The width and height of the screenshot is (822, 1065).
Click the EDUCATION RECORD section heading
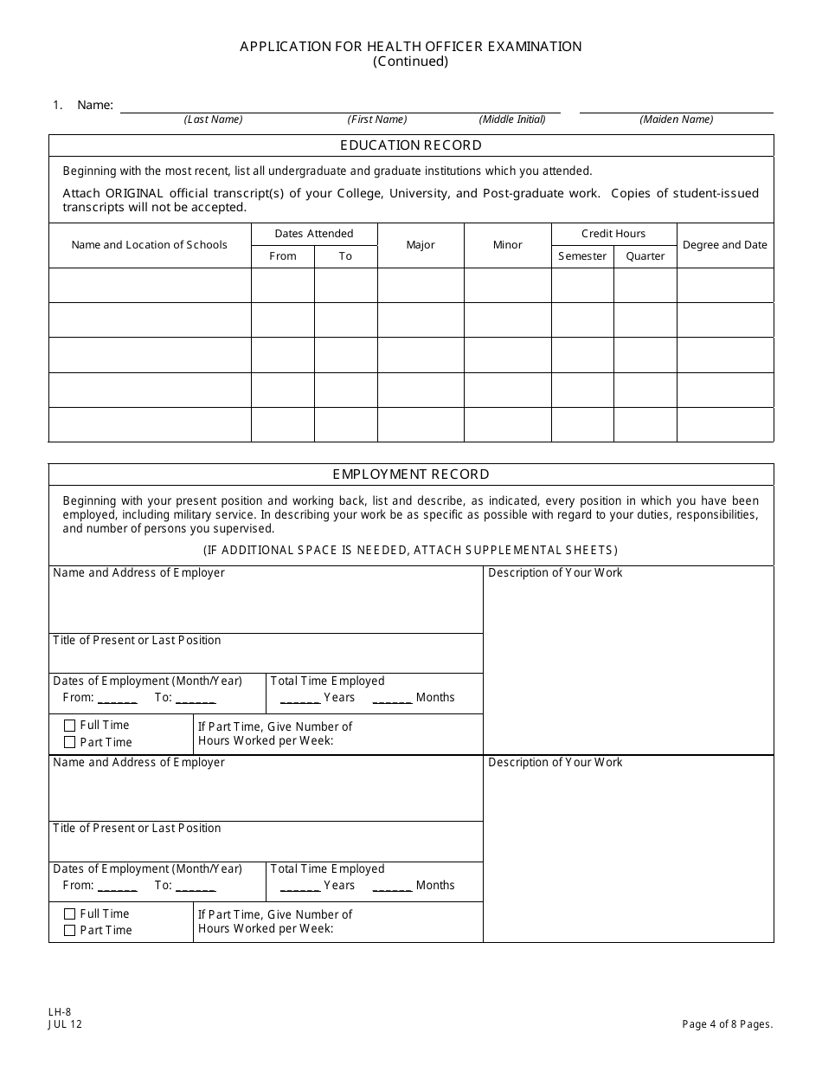[411, 145]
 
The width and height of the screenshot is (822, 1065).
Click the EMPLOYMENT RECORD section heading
[411, 474]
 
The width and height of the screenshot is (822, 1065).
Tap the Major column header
[421, 245]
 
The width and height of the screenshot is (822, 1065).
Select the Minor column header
[508, 245]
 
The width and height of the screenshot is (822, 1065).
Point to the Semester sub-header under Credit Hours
[582, 256]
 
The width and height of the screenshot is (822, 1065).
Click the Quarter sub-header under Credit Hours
[645, 256]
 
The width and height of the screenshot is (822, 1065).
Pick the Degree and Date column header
[725, 245]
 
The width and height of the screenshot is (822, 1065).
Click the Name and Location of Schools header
[150, 245]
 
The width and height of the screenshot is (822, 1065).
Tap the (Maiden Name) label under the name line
[677, 119]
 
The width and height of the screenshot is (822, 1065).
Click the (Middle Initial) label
[512, 119]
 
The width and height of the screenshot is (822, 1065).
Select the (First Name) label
[377, 119]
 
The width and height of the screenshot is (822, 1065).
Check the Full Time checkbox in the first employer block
[69, 726]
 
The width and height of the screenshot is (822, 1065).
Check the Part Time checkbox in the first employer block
[69, 742]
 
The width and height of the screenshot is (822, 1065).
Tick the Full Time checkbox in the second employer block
[69, 913]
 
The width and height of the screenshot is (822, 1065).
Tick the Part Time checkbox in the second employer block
[69, 930]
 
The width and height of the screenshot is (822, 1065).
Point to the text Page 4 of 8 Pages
[727, 1024]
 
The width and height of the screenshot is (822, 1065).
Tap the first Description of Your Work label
[555, 573]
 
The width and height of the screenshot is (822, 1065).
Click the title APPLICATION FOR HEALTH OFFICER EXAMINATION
[411, 47]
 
